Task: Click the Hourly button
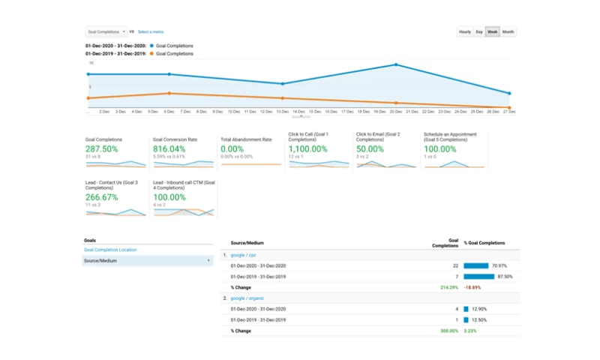tap(465, 31)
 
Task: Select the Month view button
tap(508, 31)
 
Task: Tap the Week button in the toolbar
tap(493, 31)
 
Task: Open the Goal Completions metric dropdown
tap(106, 31)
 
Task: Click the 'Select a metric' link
tap(151, 31)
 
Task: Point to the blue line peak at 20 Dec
tap(396, 65)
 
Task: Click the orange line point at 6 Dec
tap(169, 93)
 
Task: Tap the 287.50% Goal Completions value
tap(101, 149)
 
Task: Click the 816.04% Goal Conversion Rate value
tap(169, 149)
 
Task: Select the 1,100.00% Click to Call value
tap(308, 149)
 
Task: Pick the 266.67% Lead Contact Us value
tap(101, 197)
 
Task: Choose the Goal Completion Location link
tap(110, 250)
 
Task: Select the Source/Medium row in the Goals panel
tap(147, 260)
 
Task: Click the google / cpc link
tap(244, 255)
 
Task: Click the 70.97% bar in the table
tap(476, 265)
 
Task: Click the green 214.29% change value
tap(449, 287)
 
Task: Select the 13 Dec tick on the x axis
tap(282, 112)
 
